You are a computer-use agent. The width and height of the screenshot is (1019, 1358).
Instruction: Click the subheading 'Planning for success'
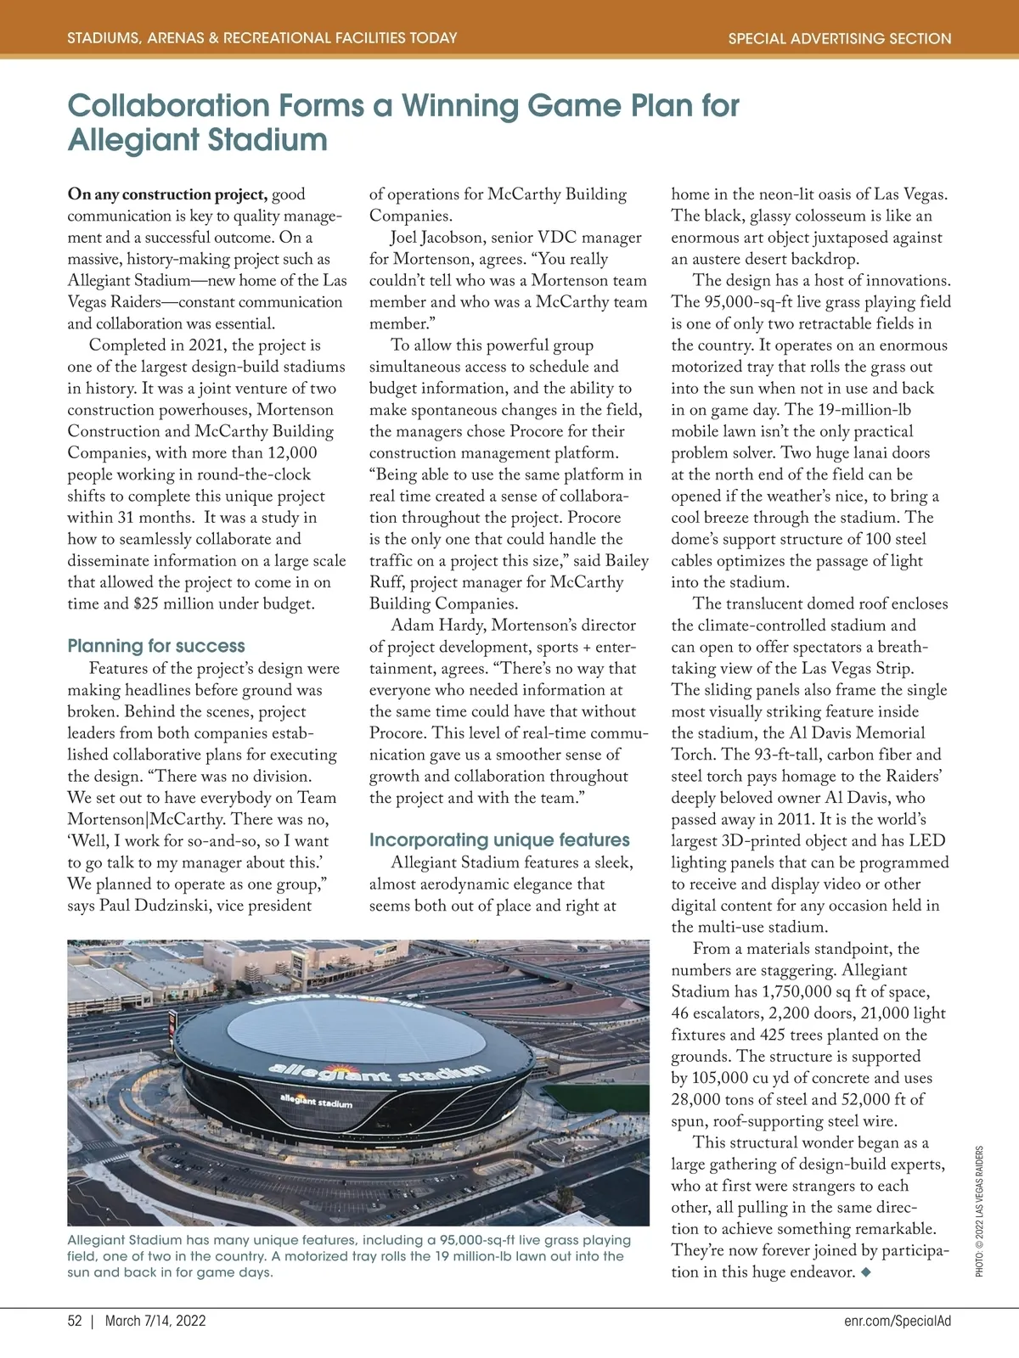pos(156,646)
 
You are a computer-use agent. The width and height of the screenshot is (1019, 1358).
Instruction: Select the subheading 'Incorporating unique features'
pos(499,840)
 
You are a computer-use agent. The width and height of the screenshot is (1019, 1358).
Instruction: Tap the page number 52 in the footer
pos(75,1322)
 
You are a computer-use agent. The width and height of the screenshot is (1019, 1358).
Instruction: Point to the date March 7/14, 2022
pos(155,1322)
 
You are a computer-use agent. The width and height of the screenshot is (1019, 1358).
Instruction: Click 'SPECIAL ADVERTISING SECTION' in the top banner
pos(840,38)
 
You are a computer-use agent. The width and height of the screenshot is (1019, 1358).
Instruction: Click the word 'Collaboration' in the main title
pos(168,106)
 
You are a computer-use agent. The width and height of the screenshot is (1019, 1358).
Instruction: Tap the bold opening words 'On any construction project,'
pos(167,194)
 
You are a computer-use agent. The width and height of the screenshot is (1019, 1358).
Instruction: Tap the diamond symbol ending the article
pos(865,1272)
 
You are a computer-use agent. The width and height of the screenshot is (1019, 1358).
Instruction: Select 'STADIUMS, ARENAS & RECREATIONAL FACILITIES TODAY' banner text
pos(262,38)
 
